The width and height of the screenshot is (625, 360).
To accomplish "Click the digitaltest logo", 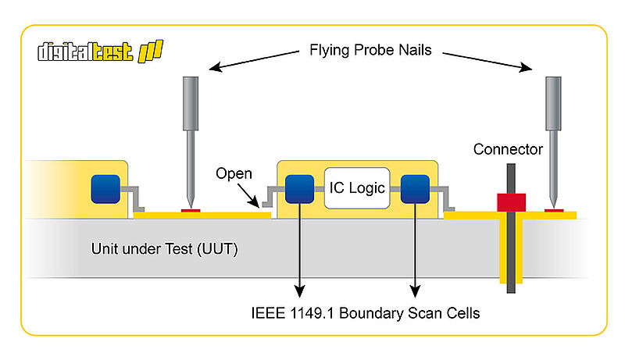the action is point(100,52).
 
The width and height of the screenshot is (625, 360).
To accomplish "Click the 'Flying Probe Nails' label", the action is point(370,50).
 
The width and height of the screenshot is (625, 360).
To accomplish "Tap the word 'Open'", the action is point(234,173).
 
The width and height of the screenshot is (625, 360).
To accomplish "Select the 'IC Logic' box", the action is point(357,188).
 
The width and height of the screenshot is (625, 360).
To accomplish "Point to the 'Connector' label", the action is point(508,149).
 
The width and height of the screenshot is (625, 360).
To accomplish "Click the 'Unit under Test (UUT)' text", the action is point(164,249).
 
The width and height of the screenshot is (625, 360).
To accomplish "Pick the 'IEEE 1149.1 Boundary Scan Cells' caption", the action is point(365,313).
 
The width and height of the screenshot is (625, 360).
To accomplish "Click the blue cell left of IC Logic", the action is point(299,189).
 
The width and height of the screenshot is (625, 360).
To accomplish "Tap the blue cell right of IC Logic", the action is point(415,189).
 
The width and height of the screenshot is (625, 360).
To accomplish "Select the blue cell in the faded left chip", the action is point(105,189).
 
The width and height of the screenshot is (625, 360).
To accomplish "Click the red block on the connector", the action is point(511,202).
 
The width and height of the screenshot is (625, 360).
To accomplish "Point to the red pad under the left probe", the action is point(191,210).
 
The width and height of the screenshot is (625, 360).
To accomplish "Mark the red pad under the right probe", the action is point(554,210).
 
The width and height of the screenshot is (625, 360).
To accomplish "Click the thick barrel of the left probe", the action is point(191,104).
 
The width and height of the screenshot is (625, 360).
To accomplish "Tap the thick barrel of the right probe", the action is point(553,104).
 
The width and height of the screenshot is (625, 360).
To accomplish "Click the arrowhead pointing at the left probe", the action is point(216,67).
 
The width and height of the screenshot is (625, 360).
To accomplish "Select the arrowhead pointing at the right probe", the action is point(526,67).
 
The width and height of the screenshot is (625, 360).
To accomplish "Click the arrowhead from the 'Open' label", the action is point(255,203).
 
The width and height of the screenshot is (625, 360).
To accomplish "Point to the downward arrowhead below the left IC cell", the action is point(299,291).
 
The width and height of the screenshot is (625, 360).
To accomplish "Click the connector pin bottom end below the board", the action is point(511,293).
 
